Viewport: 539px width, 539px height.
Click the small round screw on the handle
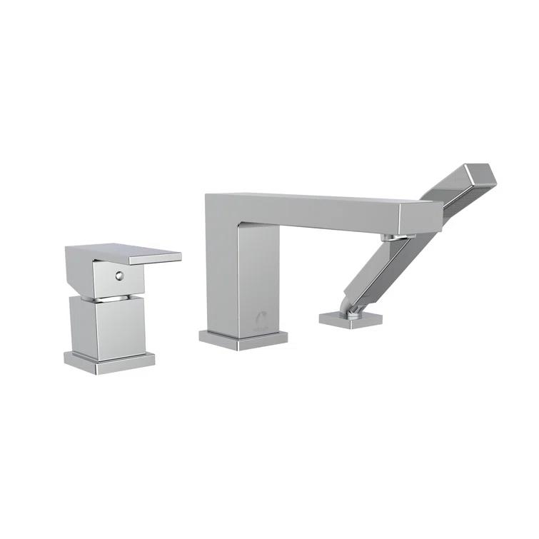(119, 273)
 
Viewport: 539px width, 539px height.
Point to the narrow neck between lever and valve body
(107, 294)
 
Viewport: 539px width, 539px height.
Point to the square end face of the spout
(418, 218)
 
